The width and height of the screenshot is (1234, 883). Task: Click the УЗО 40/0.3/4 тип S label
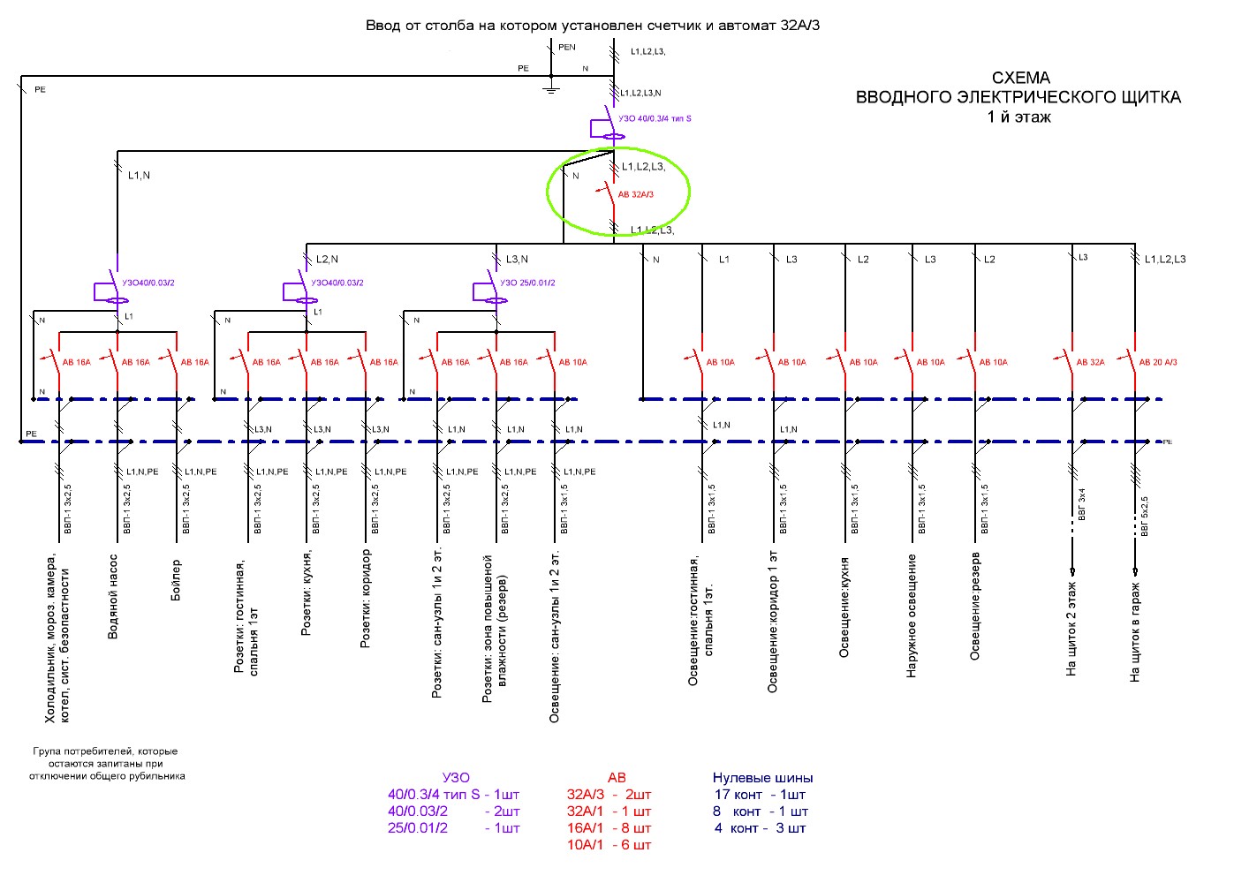click(655, 118)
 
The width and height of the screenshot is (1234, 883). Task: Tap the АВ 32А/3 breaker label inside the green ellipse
click(635, 194)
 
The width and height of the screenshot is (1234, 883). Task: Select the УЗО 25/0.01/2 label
click(527, 283)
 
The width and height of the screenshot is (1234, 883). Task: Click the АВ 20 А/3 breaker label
click(1158, 362)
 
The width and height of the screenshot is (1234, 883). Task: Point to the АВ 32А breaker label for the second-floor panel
click(1090, 362)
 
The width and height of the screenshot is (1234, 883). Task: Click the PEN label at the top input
click(567, 48)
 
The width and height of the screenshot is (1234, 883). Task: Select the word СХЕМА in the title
click(1020, 78)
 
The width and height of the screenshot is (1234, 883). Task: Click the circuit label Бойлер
click(176, 580)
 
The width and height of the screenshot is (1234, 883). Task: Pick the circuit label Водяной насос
click(113, 597)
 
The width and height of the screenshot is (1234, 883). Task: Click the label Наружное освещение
click(912, 616)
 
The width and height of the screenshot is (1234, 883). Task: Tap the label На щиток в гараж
click(1135, 632)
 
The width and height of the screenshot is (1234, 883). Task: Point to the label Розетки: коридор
click(366, 600)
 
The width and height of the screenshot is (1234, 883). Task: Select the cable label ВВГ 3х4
click(1082, 507)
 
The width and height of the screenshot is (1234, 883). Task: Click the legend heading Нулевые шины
click(762, 778)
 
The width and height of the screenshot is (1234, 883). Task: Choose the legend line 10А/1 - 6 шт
click(609, 845)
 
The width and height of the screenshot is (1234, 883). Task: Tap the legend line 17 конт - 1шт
click(760, 795)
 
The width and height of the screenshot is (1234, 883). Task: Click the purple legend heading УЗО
click(456, 778)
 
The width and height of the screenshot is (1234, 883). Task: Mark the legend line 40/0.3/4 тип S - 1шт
click(453, 795)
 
